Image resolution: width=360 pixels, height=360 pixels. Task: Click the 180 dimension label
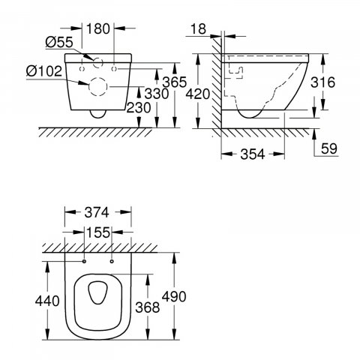pos(98,28)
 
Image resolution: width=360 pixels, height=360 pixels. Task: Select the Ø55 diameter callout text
pos(59,42)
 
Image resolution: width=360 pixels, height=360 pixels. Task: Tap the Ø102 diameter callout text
pos(44,71)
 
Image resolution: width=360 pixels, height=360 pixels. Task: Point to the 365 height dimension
pos(175,82)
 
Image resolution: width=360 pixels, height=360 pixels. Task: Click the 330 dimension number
pos(157,94)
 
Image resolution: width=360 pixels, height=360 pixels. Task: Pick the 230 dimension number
pos(139,108)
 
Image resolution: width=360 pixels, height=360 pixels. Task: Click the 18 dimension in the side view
pos(199,28)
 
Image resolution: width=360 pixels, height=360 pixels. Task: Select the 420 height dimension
pos(198,94)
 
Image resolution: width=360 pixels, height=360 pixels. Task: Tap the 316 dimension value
pos(322,82)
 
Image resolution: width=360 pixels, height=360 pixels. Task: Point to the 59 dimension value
pos(329,148)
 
